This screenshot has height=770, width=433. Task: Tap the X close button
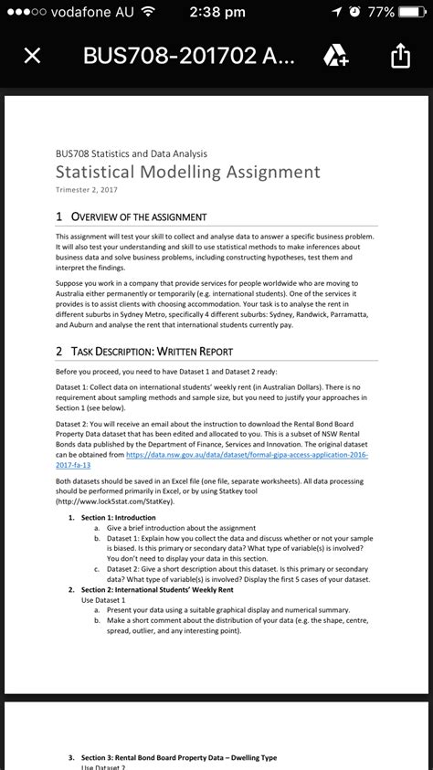coord(31,57)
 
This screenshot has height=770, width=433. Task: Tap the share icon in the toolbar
coord(401,57)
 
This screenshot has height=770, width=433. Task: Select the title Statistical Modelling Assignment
coord(188,172)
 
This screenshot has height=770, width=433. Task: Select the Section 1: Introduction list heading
coord(119,518)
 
